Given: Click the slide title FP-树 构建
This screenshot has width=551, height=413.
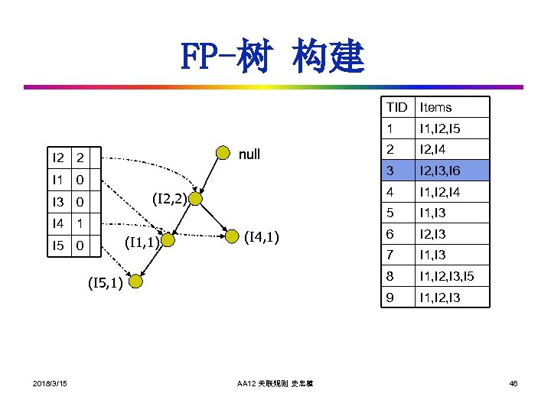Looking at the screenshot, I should tap(273, 57).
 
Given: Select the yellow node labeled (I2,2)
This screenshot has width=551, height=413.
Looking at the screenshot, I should tap(195, 200).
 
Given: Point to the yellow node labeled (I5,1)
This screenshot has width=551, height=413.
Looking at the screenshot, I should tap(135, 282).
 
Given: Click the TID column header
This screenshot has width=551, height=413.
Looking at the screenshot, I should tap(397, 107).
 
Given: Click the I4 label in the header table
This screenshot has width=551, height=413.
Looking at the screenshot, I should tap(58, 224).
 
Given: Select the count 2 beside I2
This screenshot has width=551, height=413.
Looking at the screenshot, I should tap(79, 158).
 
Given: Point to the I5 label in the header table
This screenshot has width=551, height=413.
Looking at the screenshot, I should tap(58, 246).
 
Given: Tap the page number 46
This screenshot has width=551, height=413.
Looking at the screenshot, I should tap(512, 382).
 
